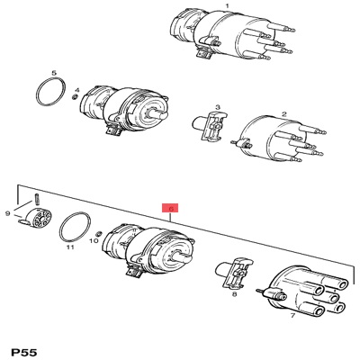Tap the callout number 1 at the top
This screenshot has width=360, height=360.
pos(227,6)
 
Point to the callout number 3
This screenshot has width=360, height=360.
pos(218,106)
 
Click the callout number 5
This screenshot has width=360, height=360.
pos(53,72)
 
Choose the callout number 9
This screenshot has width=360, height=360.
pos(8,214)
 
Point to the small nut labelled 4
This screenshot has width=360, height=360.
pos(76,98)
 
